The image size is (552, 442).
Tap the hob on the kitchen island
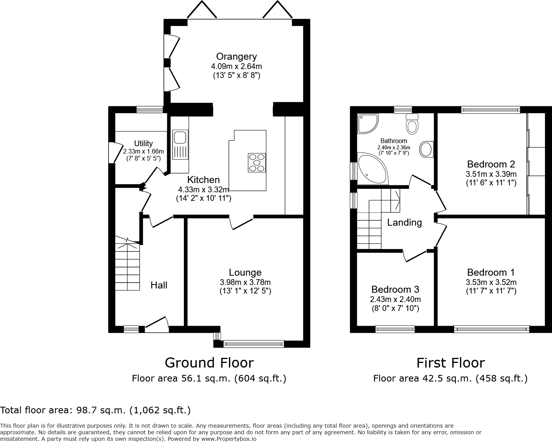tap(257, 162)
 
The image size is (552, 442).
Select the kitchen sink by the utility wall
tap(180, 145)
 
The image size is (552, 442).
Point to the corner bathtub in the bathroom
tap(373, 169)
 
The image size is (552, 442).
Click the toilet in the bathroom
tap(412, 124)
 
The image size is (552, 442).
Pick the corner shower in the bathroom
tap(368, 124)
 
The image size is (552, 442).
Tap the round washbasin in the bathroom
tap(426, 149)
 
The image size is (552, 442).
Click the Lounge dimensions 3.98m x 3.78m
tap(245, 282)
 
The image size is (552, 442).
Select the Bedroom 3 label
tap(395, 290)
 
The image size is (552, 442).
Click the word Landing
tap(404, 223)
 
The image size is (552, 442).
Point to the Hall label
tap(159, 285)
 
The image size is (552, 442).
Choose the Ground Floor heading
tap(209, 363)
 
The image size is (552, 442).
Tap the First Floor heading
tap(451, 363)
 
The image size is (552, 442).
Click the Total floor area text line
tap(95, 410)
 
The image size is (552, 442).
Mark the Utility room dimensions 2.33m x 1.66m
tap(144, 151)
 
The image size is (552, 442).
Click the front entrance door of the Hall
tap(157, 324)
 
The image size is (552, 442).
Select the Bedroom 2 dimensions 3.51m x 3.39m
tap(491, 174)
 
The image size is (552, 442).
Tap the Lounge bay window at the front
tap(254, 344)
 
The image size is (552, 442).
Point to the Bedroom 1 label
tap(491, 272)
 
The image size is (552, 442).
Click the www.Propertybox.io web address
tap(229, 439)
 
